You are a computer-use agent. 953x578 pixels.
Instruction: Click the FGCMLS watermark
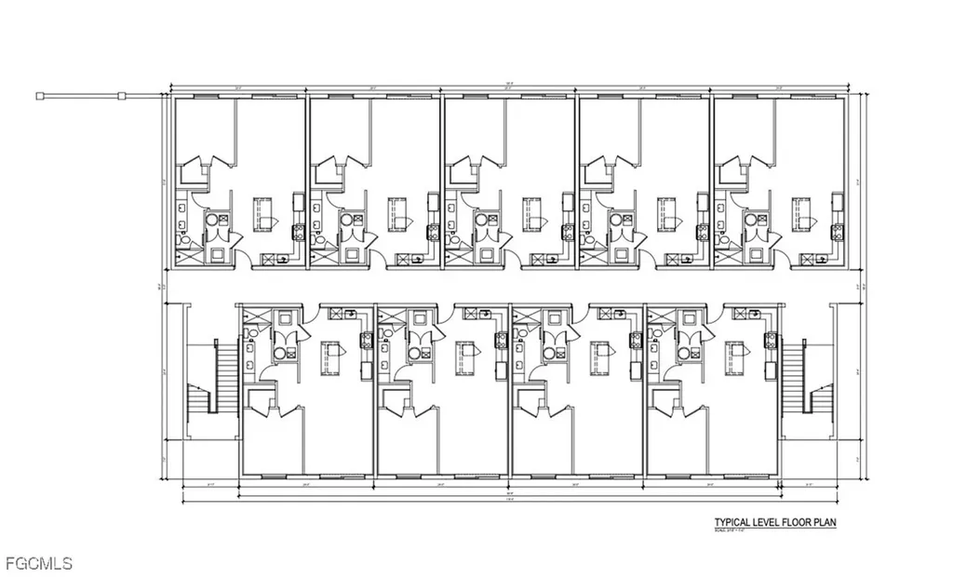[37, 563]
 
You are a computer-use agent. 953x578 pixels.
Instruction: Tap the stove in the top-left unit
[299, 233]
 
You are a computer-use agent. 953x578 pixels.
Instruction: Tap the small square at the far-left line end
[40, 95]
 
